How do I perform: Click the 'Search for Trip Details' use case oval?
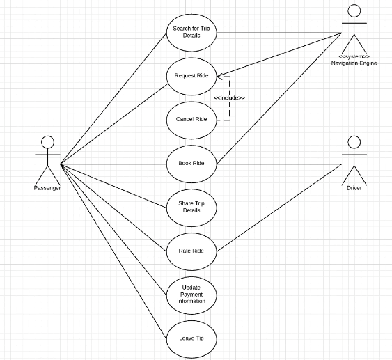point(191,32)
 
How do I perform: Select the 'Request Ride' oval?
point(191,75)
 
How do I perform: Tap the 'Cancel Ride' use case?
point(191,119)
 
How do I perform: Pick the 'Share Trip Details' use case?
point(191,206)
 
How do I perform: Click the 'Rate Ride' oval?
point(191,251)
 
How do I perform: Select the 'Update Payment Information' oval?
point(191,295)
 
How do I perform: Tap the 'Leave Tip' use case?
point(191,338)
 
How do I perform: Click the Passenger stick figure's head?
point(47,141)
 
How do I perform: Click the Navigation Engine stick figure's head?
point(354,10)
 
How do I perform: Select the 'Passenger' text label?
point(47,188)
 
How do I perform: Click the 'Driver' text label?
point(354,188)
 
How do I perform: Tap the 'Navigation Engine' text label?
point(354,63)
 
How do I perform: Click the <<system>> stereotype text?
point(354,56)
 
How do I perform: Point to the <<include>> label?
point(229,97)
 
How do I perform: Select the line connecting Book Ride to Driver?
point(279,164)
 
